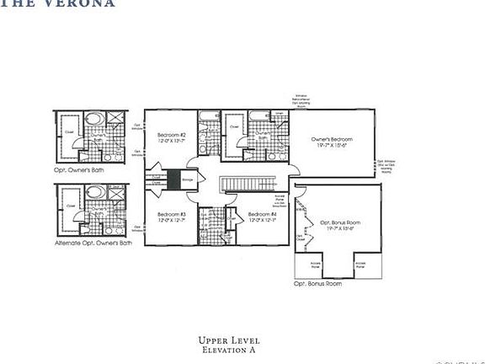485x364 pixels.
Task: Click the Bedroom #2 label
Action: pyautogui.click(x=171, y=135)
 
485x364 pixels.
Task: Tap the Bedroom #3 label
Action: pyautogui.click(x=171, y=214)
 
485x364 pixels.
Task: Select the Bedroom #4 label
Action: pyautogui.click(x=262, y=214)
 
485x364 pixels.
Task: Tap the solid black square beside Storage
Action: pyautogui.click(x=173, y=179)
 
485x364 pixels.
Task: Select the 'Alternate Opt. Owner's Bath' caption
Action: pyautogui.click(x=93, y=243)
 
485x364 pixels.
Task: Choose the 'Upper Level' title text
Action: pyautogui.click(x=228, y=340)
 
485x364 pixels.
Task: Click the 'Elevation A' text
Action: pyautogui.click(x=228, y=349)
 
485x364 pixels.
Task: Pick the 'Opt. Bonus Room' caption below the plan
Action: pyautogui.click(x=317, y=284)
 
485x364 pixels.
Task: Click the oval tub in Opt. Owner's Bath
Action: pyautogui.click(x=94, y=119)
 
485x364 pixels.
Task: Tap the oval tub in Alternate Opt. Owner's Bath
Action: pyautogui.click(x=94, y=192)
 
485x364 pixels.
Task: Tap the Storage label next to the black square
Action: pyautogui.click(x=188, y=179)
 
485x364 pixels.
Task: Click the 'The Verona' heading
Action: pyautogui.click(x=58, y=3)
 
